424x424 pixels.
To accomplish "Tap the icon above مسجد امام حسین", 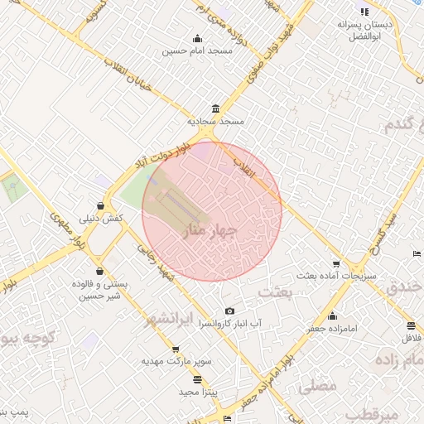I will (197, 38).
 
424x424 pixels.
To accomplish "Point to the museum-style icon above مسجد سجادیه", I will (216, 109).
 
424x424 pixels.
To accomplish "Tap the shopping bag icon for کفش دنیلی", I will (100, 205).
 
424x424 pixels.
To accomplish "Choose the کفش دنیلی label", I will (101, 219).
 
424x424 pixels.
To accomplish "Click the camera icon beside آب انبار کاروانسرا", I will (229, 311).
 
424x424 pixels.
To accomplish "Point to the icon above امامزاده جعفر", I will (333, 316).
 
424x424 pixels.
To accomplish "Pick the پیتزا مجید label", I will (197, 391).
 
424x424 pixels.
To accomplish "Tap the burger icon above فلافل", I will (412, 325).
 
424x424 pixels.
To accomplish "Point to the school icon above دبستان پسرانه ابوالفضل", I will (364, 12).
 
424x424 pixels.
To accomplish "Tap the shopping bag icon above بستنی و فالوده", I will (99, 271).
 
